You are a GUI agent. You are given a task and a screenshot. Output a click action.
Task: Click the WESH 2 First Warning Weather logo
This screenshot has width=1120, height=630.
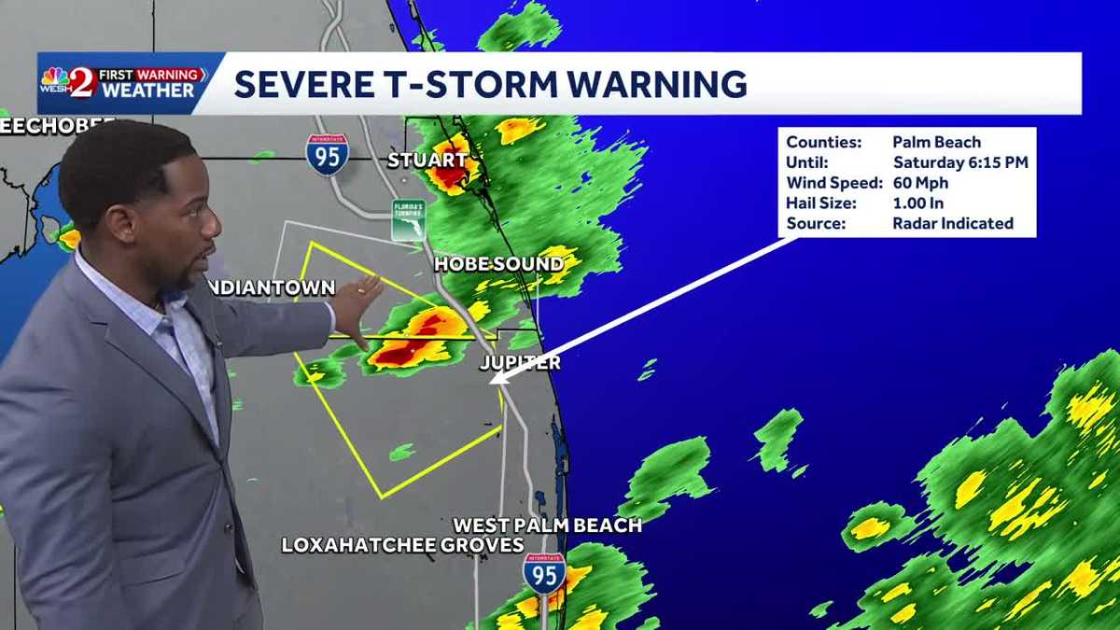(122, 83)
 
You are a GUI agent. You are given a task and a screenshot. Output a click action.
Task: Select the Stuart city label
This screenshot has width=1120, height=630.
(427, 161)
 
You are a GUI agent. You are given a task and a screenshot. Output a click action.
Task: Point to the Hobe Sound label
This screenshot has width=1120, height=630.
(498, 265)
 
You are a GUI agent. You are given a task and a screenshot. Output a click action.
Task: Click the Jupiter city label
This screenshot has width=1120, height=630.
(521, 362)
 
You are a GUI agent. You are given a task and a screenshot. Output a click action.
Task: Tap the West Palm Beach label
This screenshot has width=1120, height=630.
(548, 525)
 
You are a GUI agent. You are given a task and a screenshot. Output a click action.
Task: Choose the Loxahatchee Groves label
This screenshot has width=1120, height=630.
(403, 545)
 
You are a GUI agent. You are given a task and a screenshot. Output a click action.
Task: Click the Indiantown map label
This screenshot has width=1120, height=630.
(271, 287)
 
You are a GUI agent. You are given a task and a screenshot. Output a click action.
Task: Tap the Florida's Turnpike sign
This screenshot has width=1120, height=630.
(409, 220)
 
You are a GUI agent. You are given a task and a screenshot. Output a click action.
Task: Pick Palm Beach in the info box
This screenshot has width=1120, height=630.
(936, 142)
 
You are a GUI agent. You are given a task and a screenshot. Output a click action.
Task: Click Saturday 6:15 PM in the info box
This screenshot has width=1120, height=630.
(959, 162)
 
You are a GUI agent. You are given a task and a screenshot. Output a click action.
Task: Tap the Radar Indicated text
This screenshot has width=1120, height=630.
(952, 223)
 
